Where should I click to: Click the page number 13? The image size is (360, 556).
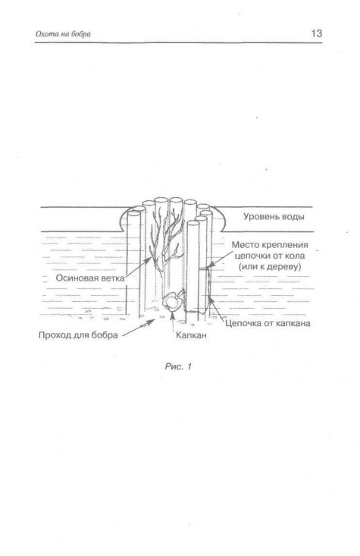coord(316,33)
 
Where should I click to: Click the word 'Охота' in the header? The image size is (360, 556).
coord(46,34)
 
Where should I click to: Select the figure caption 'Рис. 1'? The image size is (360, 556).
coord(178,366)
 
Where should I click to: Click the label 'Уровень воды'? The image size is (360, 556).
coord(274,217)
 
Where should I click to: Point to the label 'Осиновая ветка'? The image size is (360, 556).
coord(90,278)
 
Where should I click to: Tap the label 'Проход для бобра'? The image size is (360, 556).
coord(78,335)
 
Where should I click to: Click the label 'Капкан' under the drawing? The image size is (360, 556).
coord(191,335)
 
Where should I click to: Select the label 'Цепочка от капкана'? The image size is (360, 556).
coord(268,323)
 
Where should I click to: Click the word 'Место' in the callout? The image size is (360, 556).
coord(246,245)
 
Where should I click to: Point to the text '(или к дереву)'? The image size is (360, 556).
coord(270,266)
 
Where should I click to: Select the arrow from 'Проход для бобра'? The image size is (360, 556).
coord(138,327)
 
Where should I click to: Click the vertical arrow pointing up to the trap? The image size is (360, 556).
coord(173,322)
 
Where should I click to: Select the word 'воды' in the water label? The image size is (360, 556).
coord(293,217)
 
